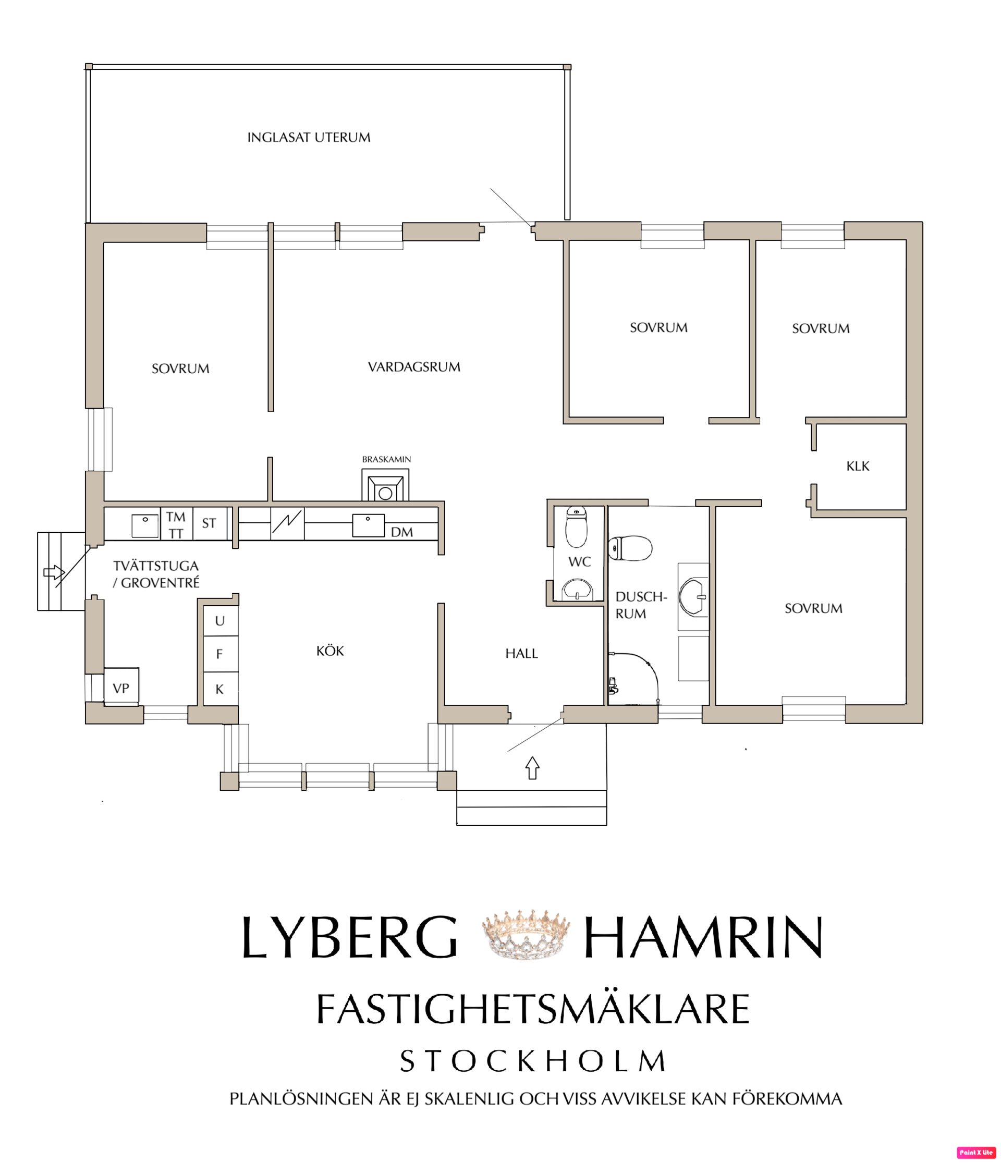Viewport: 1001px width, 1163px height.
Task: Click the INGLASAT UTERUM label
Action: coord(309,138)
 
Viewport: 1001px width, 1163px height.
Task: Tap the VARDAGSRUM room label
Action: coord(414,367)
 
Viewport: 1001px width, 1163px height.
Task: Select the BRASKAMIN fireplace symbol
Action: coord(385,485)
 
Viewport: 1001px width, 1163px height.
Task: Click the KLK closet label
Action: coord(857,466)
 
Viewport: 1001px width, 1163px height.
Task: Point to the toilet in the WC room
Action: coord(576,526)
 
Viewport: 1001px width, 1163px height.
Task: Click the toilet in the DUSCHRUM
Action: coord(630,548)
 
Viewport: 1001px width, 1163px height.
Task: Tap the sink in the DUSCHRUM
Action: coord(693,597)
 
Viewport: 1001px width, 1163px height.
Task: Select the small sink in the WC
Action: coord(577,590)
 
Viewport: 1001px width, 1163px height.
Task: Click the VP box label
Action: coord(121,688)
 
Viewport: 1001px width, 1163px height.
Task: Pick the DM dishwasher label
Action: coord(401,532)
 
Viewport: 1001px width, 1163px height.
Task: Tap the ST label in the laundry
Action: coord(209,523)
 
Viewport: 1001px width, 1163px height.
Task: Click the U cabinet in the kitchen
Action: coord(220,620)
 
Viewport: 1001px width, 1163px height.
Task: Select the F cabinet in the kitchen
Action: coord(220,654)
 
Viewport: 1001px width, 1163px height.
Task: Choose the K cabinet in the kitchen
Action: coord(220,689)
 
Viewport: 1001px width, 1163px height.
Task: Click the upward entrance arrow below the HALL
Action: coord(532,768)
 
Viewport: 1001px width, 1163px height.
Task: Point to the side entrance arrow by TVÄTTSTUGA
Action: coord(54,572)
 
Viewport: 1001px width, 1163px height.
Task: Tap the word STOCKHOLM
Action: coord(533,1061)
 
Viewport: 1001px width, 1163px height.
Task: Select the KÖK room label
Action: coord(330,651)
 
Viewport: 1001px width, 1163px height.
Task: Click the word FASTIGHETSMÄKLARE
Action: coord(533,1009)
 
